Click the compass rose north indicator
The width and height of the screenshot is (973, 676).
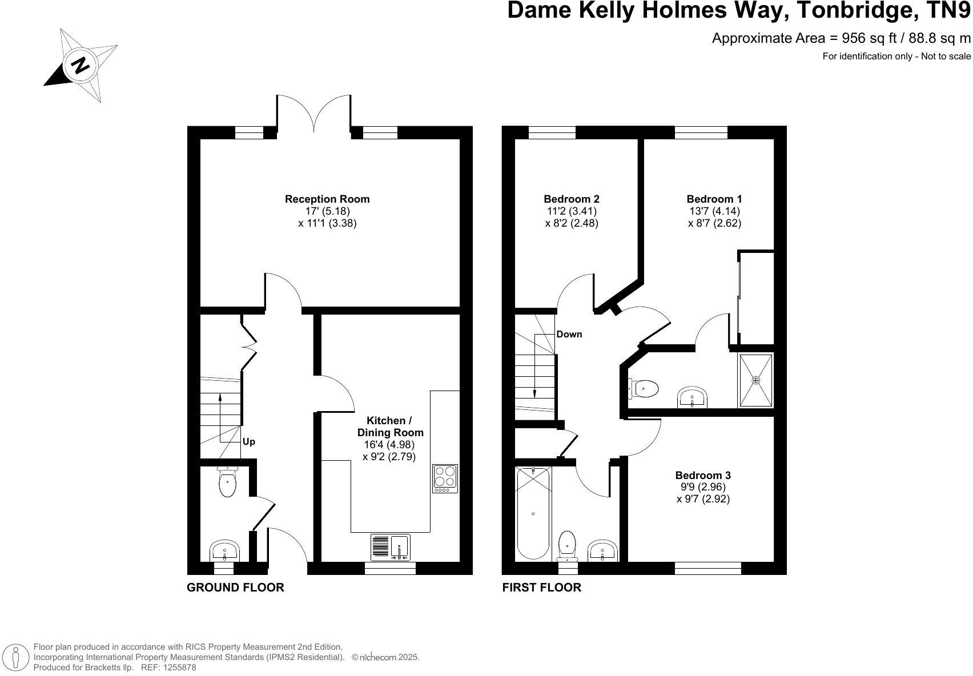click(81, 65)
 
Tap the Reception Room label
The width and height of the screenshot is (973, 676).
click(327, 199)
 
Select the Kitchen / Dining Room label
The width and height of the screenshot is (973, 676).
click(390, 426)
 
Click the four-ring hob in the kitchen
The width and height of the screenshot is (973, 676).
click(445, 478)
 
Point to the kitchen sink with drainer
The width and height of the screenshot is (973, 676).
click(391, 547)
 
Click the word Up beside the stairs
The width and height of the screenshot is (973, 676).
click(249, 442)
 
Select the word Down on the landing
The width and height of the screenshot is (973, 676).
click(569, 334)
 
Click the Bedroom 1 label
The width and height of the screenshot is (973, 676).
click(714, 199)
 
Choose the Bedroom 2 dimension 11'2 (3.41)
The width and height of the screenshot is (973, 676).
click(572, 211)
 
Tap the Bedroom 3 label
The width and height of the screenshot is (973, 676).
click(703, 475)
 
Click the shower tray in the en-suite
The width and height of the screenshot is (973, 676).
click(756, 380)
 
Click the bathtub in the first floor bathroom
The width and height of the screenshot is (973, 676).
click(533, 513)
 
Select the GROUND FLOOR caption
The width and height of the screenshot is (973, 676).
click(235, 588)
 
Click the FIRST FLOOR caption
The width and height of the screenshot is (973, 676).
click(541, 588)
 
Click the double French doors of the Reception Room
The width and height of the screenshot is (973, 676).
click(314, 114)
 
